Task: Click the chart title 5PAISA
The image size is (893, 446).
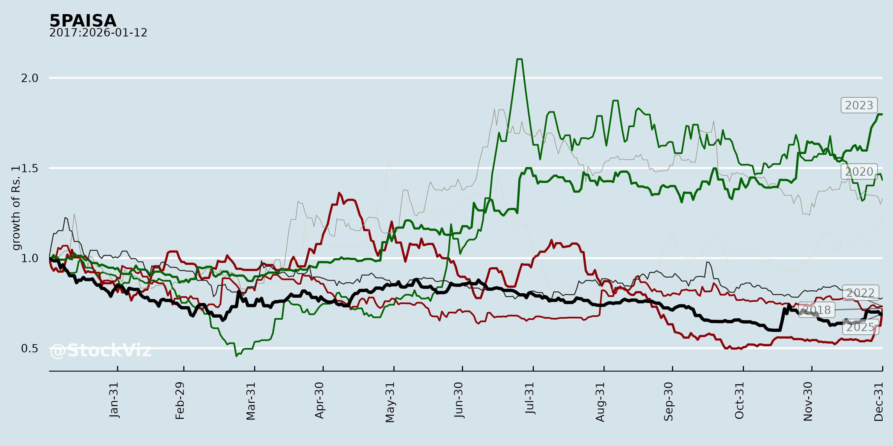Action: [83, 21]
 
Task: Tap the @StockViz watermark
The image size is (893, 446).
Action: [100, 350]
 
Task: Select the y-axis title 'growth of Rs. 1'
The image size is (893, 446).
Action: [16, 208]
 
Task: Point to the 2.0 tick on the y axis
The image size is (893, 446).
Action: [30, 78]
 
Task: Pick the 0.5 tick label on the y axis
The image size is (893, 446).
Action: [30, 348]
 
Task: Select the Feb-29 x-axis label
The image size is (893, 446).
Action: [180, 401]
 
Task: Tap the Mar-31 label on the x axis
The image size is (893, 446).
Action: [251, 401]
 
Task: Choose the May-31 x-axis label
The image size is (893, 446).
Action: [390, 402]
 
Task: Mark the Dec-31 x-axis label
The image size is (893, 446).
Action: [878, 401]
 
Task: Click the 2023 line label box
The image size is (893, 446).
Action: [859, 105]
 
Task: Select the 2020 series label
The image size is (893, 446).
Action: [859, 172]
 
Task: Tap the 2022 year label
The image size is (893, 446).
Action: [860, 293]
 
